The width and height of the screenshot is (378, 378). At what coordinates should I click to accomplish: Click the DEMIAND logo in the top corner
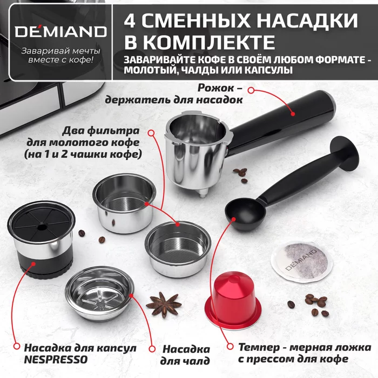[x=56, y=31]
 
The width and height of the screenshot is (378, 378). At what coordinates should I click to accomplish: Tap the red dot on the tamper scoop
[x=233, y=219]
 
